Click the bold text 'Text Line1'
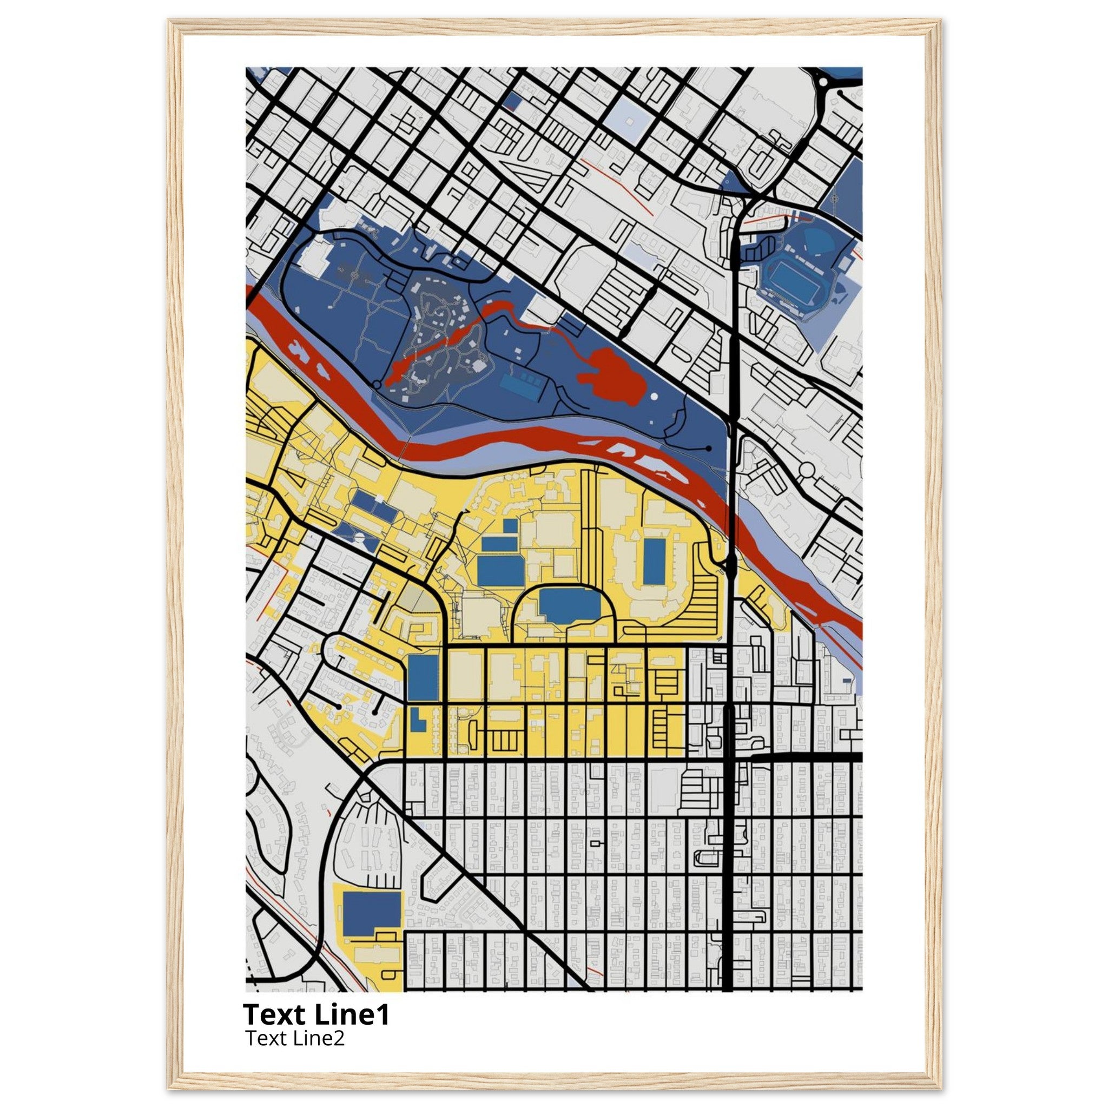click(x=316, y=1014)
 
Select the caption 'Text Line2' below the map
click(x=295, y=1038)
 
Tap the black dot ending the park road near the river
click(x=709, y=449)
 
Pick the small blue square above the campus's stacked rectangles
click(x=510, y=526)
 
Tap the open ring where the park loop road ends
click(x=376, y=383)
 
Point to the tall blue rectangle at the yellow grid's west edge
click(x=423, y=677)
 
